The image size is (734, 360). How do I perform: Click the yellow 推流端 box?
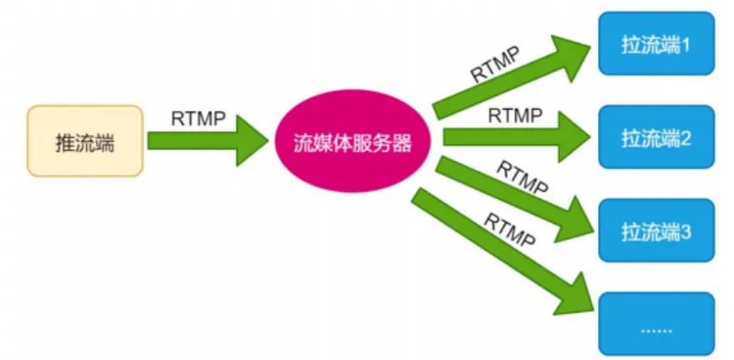pyautogui.click(x=84, y=141)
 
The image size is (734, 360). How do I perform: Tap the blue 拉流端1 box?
pyautogui.click(x=656, y=43)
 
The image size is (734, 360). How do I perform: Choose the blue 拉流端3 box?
pyautogui.click(x=656, y=229)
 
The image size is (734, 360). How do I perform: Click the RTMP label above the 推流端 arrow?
pyautogui.click(x=198, y=117)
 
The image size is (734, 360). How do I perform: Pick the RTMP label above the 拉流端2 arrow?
pyautogui.click(x=515, y=116)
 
